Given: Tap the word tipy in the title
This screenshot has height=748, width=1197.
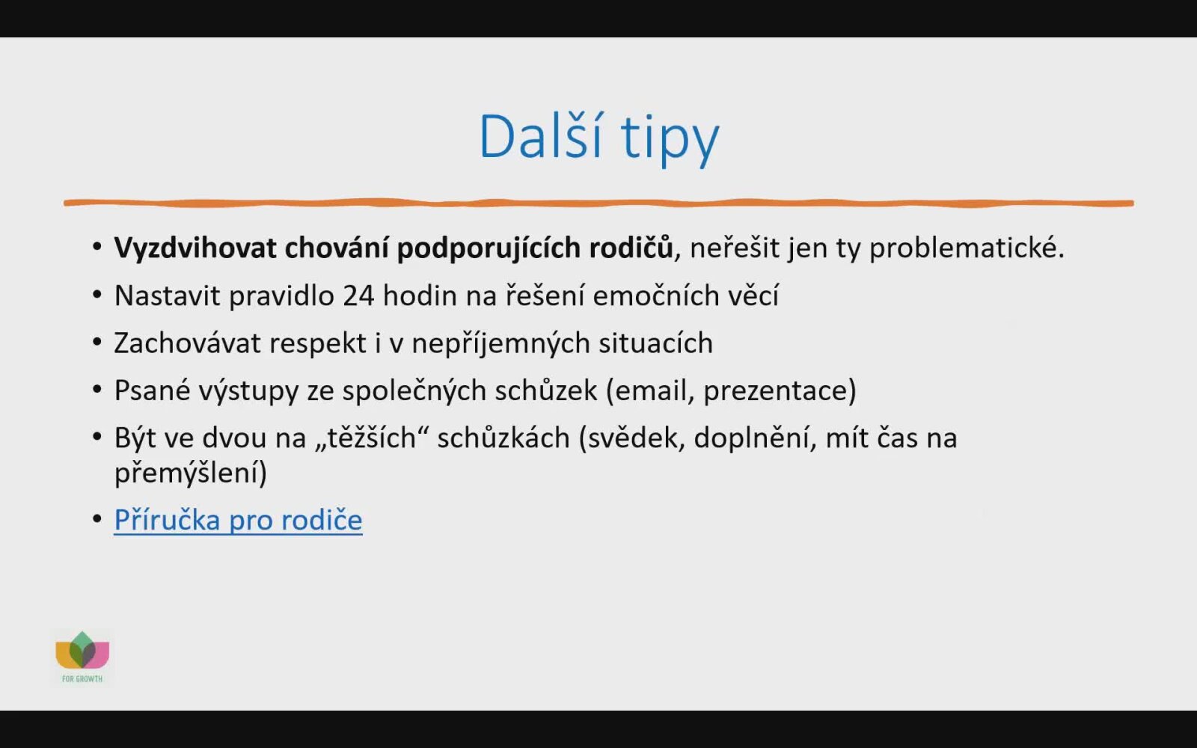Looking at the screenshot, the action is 670,140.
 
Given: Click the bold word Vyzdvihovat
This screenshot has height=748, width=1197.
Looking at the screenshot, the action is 195,249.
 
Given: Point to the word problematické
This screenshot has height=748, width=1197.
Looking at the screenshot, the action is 967,249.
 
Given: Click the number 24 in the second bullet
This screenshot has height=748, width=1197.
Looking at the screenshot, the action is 358,296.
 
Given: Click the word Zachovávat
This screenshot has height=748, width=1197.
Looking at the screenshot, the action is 187,343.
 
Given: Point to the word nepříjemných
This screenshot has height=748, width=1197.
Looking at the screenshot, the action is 500,344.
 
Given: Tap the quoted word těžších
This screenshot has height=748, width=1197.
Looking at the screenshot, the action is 372,438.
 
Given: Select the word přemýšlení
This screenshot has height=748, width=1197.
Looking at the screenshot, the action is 186,473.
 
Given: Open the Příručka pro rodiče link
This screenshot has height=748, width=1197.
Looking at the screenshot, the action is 239,521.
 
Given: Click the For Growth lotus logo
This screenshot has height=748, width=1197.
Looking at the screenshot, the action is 82,657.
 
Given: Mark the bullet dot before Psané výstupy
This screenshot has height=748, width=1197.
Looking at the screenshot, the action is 97,389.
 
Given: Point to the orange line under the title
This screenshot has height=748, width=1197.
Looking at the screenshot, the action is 598,203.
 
